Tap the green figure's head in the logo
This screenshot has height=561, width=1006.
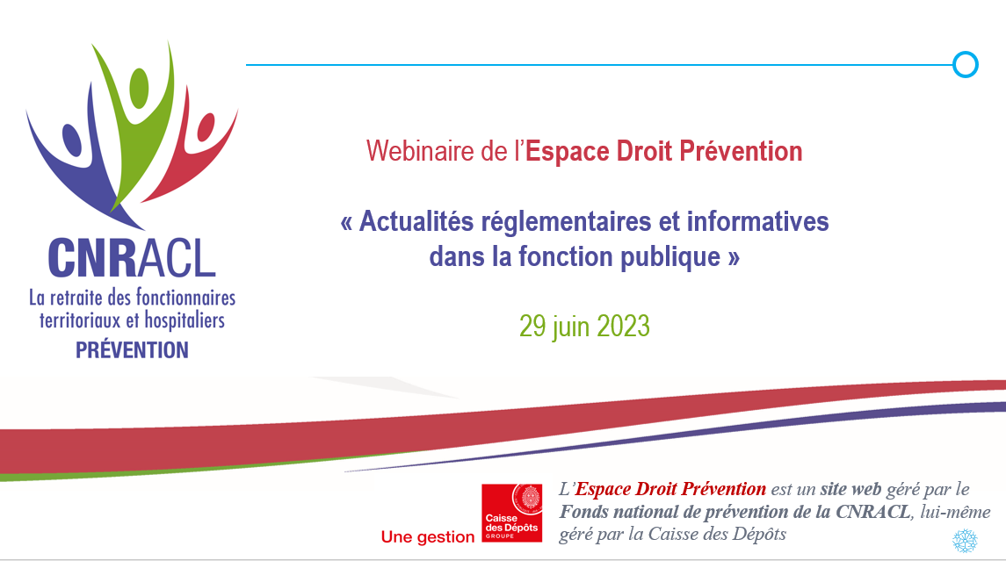139,87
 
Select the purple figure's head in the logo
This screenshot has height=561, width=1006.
72,140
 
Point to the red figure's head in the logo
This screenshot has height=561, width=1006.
206,127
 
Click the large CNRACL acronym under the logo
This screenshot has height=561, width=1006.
132,258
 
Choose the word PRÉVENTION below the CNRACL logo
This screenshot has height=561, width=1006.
132,350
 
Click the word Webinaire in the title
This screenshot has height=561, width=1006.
420,151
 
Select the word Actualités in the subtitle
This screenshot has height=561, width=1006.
416,221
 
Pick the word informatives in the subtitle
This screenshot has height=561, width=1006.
757,221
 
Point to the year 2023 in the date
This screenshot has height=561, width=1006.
624,327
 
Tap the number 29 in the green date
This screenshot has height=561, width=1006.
532,327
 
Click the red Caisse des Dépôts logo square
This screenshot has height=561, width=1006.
512,513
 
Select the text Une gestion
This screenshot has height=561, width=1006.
427,536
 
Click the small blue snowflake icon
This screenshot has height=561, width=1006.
965,541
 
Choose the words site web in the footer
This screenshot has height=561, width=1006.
850,489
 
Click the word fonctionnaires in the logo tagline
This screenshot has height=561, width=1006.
185,298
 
